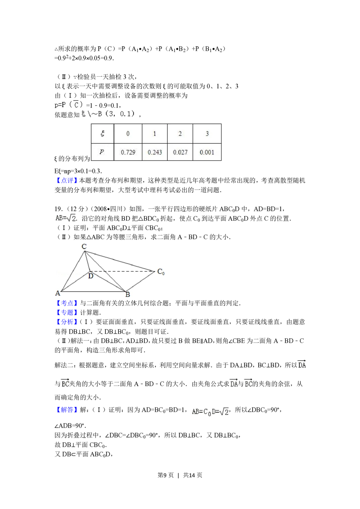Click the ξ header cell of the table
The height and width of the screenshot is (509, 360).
103,134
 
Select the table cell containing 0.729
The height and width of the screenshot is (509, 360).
128,152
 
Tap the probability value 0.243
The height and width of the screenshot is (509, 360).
155,152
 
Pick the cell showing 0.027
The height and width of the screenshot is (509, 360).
180,152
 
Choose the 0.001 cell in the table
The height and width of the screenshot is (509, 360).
207,152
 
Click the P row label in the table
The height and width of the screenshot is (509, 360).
102,152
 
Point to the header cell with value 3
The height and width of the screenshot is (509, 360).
207,134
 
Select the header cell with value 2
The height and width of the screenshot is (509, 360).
180,134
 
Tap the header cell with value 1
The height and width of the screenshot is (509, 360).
155,134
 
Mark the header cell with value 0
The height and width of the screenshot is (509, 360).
128,134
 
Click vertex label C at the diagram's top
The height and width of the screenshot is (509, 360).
84,247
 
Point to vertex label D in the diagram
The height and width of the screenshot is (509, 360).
91,276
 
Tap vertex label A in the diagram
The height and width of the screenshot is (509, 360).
58,293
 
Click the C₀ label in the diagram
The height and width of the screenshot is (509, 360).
161,272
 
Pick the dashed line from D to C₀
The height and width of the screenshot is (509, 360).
122,271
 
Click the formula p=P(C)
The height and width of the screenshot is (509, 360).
69,105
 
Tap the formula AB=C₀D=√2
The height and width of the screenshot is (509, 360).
210,412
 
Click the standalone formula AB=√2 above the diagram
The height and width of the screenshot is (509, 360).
65,218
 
